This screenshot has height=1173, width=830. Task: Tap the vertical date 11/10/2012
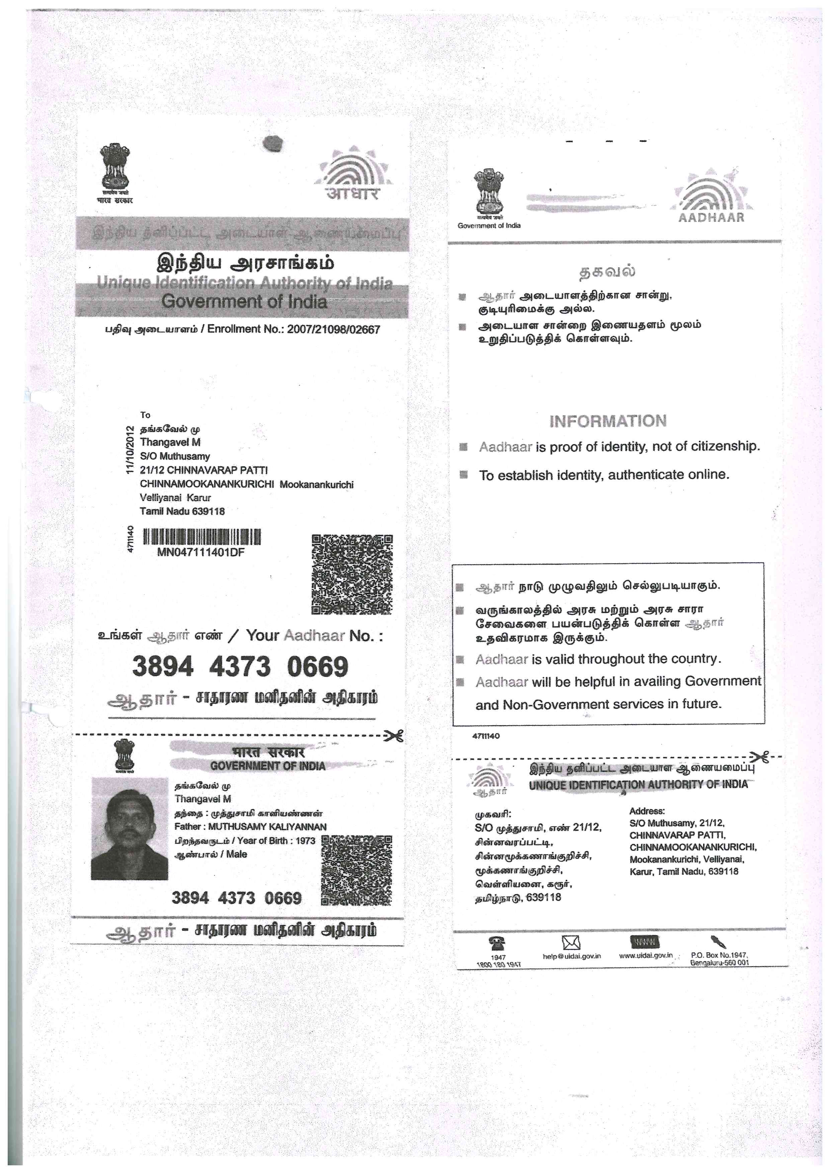(x=130, y=449)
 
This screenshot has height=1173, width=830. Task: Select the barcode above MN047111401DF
(x=201, y=537)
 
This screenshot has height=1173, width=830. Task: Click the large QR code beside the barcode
(x=352, y=574)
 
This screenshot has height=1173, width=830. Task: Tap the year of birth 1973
(x=305, y=841)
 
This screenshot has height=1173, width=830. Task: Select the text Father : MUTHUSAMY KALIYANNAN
(x=250, y=826)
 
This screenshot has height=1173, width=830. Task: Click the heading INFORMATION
(x=608, y=421)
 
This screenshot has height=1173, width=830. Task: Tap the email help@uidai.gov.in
(x=571, y=956)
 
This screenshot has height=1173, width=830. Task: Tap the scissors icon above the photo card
(x=394, y=736)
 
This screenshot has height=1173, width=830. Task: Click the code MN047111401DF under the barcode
(x=200, y=552)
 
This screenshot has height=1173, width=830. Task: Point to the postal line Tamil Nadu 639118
(x=182, y=511)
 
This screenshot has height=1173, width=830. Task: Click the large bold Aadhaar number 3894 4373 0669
(x=240, y=667)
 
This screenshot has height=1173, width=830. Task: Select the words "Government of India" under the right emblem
(x=489, y=226)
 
